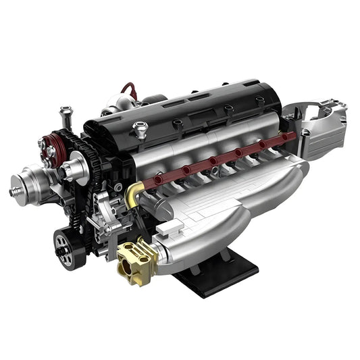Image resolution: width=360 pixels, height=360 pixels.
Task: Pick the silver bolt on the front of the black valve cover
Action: (x=140, y=128)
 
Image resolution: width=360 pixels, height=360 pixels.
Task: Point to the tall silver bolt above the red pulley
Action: (x=66, y=115)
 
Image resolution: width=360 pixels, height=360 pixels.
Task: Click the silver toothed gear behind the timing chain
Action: (x=76, y=165)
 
